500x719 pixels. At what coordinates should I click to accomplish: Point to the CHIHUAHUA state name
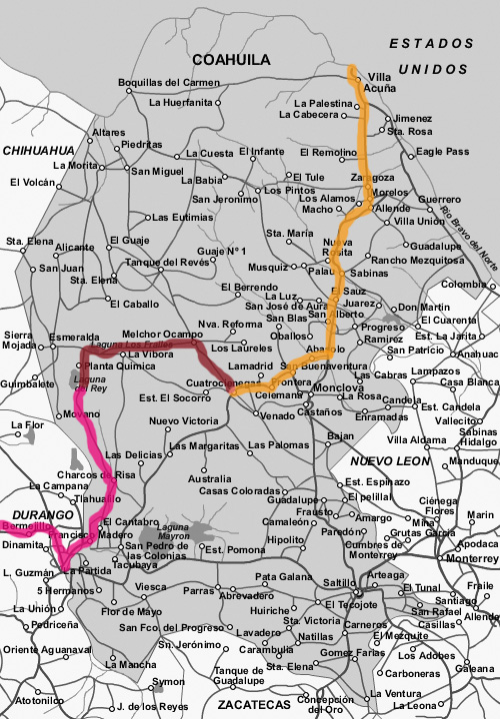click(x=39, y=150)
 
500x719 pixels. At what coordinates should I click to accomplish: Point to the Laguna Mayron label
click(x=174, y=531)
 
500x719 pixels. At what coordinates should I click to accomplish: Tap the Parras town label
click(x=200, y=589)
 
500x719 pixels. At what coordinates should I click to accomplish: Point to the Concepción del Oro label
click(x=326, y=704)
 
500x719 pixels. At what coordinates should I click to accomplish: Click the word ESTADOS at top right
click(x=431, y=44)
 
